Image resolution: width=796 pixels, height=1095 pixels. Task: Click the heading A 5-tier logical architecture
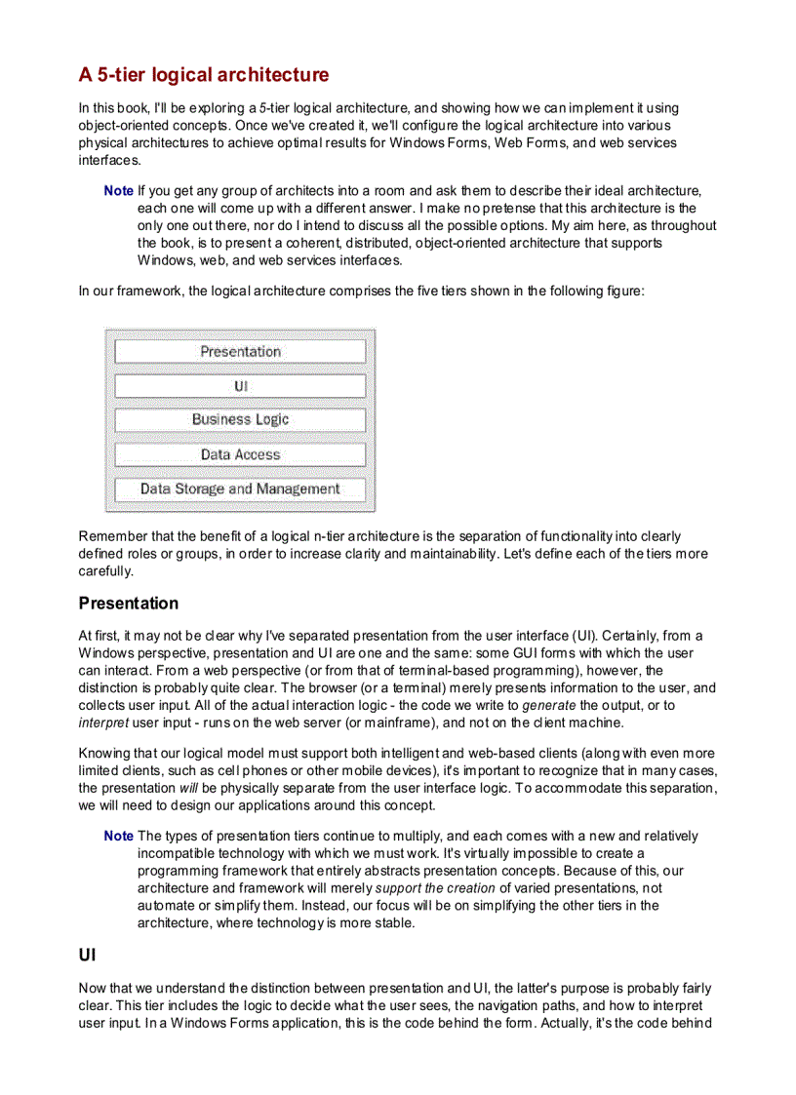(x=204, y=75)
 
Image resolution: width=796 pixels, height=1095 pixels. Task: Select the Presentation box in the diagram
(x=240, y=351)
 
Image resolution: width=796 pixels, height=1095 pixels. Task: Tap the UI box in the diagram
(x=240, y=386)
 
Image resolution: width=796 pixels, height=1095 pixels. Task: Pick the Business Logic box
(x=240, y=419)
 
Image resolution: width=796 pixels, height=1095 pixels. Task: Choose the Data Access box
(x=240, y=454)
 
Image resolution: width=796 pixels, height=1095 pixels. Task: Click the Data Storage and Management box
(x=240, y=489)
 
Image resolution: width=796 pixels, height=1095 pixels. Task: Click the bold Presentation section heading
(x=129, y=604)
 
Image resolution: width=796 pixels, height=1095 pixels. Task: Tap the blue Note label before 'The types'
(x=118, y=837)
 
